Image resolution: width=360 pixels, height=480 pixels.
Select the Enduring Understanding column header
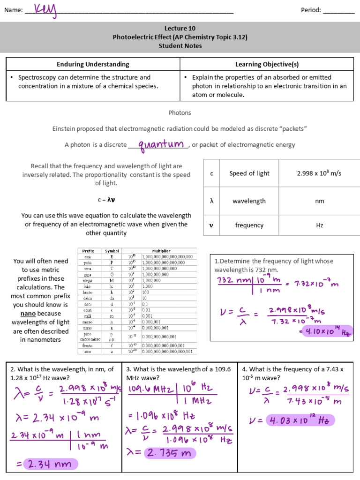[93, 64]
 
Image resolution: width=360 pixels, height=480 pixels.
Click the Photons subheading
[180, 112]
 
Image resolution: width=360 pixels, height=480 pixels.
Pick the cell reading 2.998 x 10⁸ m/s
[319, 173]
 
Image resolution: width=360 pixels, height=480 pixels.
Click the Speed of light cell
[249, 173]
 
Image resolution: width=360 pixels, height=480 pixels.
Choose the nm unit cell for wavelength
[319, 201]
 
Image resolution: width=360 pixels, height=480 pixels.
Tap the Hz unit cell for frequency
[319, 225]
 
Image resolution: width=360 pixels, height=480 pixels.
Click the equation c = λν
[106, 199]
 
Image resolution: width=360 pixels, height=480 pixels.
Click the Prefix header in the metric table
[88, 251]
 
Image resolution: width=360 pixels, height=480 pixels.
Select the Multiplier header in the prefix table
[161, 251]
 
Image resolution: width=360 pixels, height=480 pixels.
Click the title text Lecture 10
[180, 28]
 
